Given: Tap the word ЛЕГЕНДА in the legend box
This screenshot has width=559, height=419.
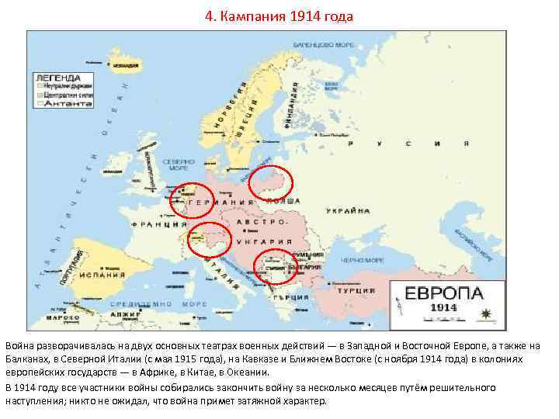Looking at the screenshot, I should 57,78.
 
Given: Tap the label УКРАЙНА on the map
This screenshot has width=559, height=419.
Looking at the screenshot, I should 348,211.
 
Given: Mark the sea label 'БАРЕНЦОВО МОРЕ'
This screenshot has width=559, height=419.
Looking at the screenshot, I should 324,45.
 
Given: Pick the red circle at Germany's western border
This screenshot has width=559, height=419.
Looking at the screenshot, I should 191,199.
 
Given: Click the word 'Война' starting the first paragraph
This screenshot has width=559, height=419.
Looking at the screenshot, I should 21,344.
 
